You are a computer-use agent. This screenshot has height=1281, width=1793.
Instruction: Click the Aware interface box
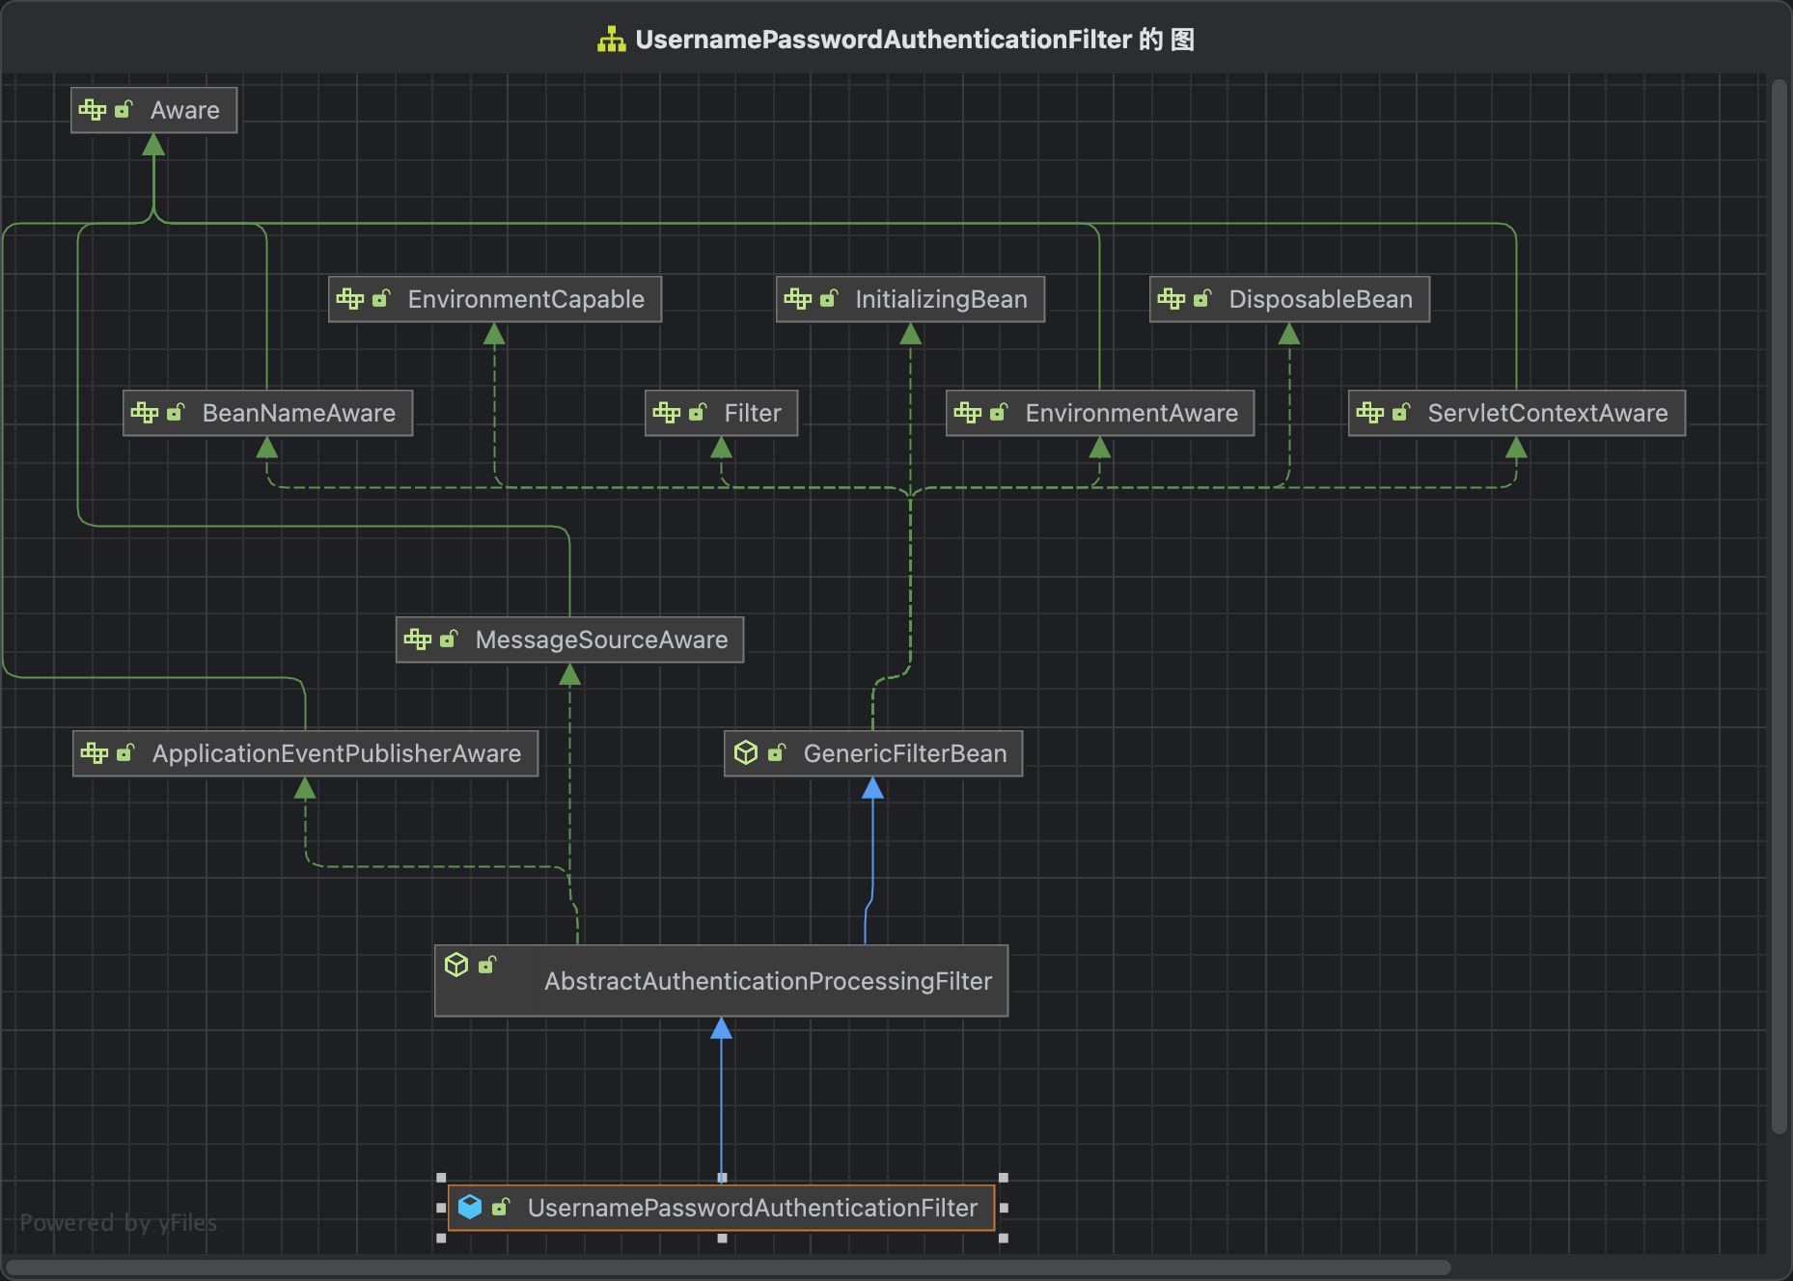[x=153, y=110]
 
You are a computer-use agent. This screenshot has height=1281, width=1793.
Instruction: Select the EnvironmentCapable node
[x=494, y=299]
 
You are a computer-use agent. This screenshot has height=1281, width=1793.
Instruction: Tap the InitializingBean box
[x=910, y=299]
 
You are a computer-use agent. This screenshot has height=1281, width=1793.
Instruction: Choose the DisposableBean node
[x=1289, y=299]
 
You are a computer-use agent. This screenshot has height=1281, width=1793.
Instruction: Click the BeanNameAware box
[x=267, y=413]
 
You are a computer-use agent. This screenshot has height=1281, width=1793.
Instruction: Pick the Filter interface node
[x=721, y=413]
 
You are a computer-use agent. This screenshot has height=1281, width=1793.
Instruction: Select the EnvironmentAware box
[x=1099, y=413]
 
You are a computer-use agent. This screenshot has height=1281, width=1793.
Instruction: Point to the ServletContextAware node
[x=1516, y=413]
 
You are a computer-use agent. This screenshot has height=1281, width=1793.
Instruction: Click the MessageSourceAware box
[x=569, y=640]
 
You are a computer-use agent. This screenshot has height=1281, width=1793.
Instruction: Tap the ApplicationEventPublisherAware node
[x=305, y=753]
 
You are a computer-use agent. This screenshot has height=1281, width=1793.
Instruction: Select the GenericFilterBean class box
[x=872, y=753]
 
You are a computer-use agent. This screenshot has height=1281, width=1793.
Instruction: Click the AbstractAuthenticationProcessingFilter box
[x=721, y=981]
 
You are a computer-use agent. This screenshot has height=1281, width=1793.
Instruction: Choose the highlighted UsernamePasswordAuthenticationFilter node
[x=721, y=1208]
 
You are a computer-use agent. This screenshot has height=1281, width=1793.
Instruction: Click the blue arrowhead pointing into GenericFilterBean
[x=872, y=788]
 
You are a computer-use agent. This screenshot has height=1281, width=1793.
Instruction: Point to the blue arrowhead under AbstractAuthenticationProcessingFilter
[x=721, y=1028]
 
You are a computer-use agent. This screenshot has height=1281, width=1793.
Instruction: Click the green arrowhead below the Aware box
[x=153, y=145]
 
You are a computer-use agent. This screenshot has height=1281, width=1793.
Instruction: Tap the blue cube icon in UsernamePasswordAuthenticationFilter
[x=470, y=1207]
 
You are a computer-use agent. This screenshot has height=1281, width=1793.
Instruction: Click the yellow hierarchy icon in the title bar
[x=611, y=40]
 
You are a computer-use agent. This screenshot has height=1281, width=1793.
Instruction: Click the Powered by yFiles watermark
[x=118, y=1223]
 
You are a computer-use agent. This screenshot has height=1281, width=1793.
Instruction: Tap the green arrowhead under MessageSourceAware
[x=569, y=674]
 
